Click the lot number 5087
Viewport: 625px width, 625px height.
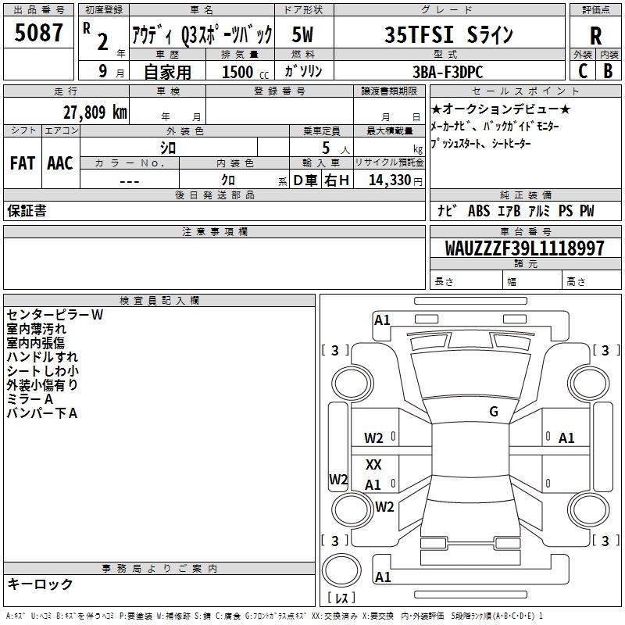point(39,33)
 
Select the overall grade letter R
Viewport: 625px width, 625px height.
point(595,36)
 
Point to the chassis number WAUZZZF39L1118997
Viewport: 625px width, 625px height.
point(524,248)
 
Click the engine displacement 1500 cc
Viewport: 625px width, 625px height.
point(241,72)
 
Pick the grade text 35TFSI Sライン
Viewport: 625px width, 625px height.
point(449,35)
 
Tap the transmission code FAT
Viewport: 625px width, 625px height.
point(22,163)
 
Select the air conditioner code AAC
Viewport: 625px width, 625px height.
point(60,163)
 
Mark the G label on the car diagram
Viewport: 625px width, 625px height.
point(493,412)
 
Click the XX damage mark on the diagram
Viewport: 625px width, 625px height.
point(373,464)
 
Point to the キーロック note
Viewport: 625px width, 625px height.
point(40,584)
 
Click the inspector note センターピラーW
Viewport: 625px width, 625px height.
point(55,315)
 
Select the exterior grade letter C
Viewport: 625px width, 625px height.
point(582,71)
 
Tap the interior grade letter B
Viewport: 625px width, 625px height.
point(608,71)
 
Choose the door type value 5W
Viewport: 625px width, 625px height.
point(304,35)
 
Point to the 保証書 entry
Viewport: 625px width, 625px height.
point(27,211)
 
